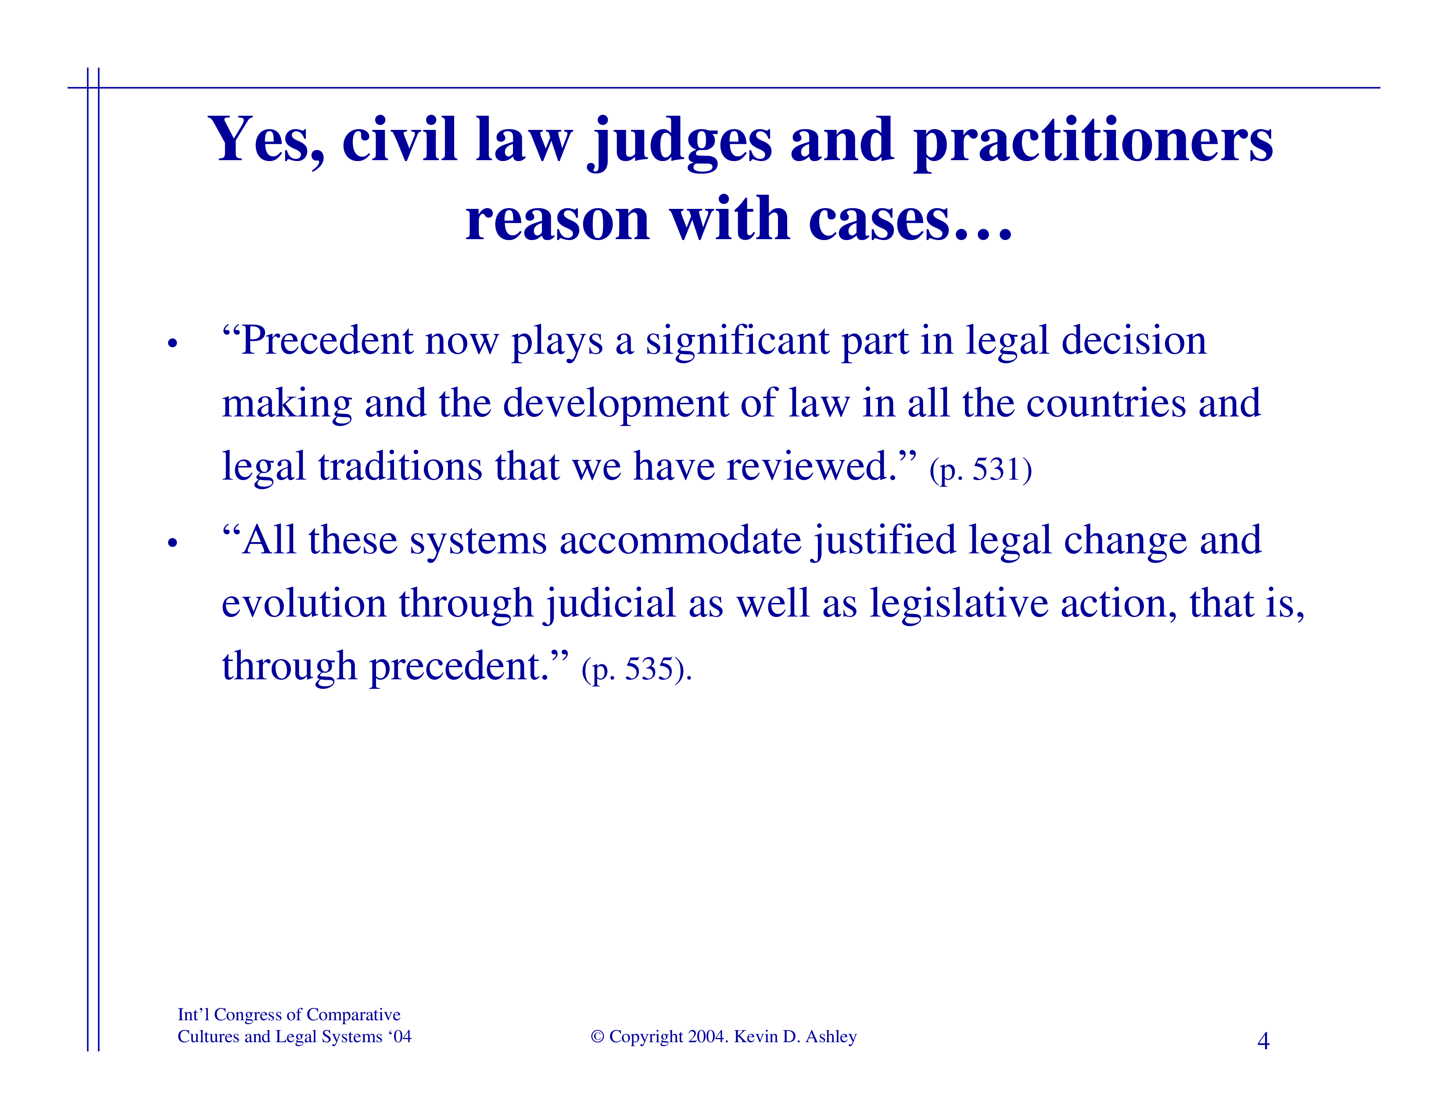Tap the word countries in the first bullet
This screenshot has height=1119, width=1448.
pyautogui.click(x=1106, y=403)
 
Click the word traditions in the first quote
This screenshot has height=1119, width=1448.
pyautogui.click(x=400, y=466)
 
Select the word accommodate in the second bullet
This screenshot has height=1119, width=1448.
pyautogui.click(x=680, y=540)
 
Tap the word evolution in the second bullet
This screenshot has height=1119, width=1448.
pyautogui.click(x=304, y=603)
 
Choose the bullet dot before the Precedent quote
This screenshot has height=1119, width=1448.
pyautogui.click(x=173, y=344)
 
